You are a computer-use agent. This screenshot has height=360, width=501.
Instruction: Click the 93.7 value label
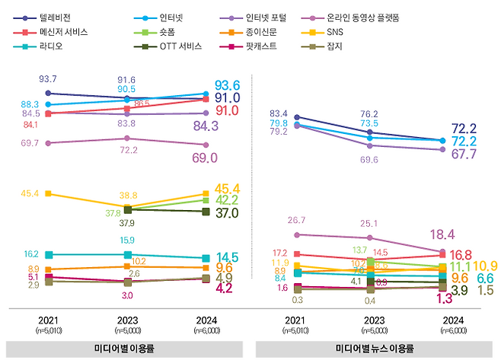click(x=49, y=79)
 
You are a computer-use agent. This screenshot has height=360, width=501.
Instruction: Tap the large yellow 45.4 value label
click(x=228, y=189)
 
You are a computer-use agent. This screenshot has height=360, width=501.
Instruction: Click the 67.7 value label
click(x=464, y=154)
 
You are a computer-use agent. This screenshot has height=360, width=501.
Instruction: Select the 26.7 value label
click(x=296, y=221)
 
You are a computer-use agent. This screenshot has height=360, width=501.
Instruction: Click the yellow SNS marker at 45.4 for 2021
click(x=49, y=193)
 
